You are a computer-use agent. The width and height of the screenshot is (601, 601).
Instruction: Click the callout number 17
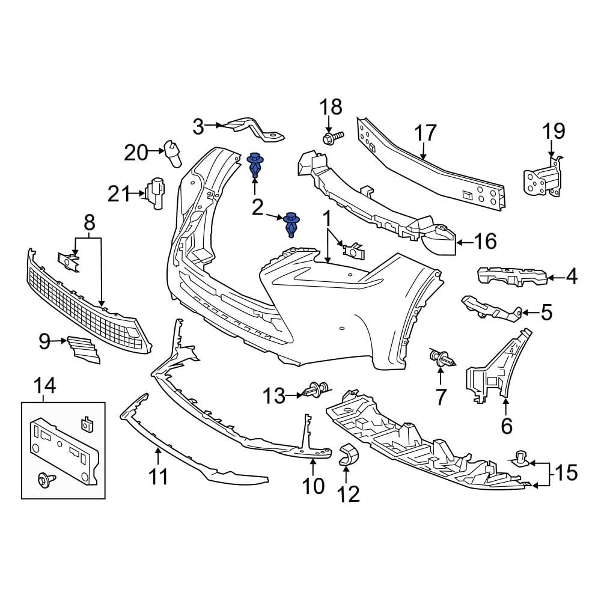(x=425, y=133)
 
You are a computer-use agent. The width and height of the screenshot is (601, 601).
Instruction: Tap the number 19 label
(x=554, y=130)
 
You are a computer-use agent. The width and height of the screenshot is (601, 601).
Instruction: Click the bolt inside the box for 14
(x=46, y=478)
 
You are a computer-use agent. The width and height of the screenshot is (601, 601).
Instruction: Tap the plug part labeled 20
(x=173, y=154)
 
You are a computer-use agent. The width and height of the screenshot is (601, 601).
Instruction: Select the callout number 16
(x=486, y=242)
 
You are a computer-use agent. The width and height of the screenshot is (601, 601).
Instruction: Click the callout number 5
(x=546, y=312)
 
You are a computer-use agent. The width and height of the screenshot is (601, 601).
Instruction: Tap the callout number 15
(x=566, y=474)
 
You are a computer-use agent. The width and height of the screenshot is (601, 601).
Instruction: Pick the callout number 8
(x=89, y=223)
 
